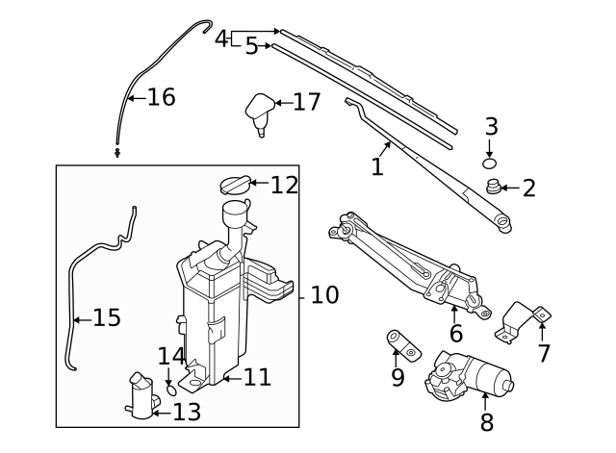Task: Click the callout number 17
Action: (x=305, y=102)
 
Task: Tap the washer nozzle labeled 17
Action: (x=259, y=109)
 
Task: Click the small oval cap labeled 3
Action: (x=489, y=161)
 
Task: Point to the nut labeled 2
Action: (x=494, y=189)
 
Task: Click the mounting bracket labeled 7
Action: (x=525, y=322)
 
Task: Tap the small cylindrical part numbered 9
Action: (x=399, y=343)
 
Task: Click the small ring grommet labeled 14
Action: (x=171, y=390)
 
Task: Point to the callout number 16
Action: (x=161, y=97)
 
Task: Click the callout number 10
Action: (x=324, y=294)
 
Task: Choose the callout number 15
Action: (x=106, y=317)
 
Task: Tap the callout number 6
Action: (x=455, y=334)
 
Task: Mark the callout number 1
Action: (x=377, y=167)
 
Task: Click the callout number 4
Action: (x=221, y=39)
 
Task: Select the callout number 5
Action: (x=251, y=46)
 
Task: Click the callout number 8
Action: (x=486, y=421)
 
